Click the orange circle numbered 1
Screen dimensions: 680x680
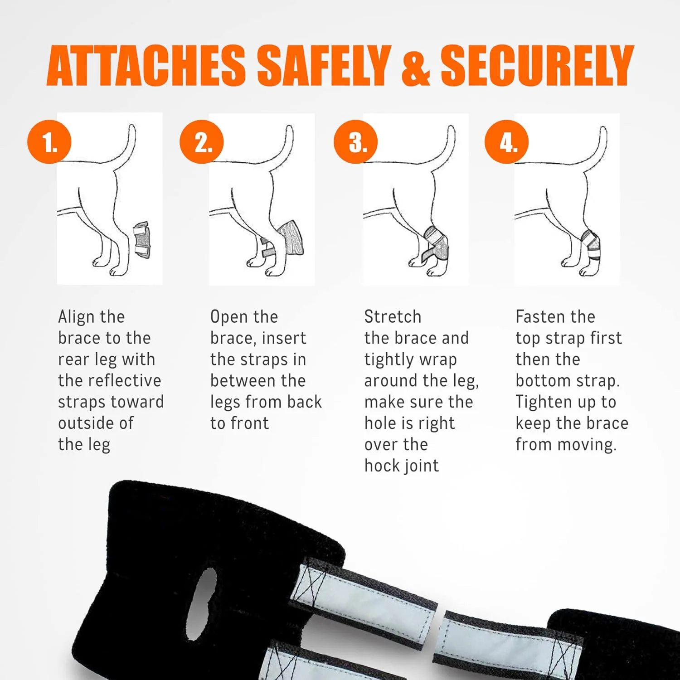click(49, 142)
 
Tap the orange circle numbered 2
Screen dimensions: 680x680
click(202, 142)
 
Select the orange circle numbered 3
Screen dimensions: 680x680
click(356, 142)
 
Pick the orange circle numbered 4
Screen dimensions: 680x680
click(507, 142)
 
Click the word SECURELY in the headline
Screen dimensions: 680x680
click(537, 66)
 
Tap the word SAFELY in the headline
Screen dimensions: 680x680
click(324, 66)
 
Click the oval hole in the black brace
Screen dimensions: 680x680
click(203, 603)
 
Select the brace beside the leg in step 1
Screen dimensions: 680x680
click(142, 239)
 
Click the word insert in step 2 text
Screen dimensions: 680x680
click(284, 338)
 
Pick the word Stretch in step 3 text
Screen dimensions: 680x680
click(393, 317)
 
